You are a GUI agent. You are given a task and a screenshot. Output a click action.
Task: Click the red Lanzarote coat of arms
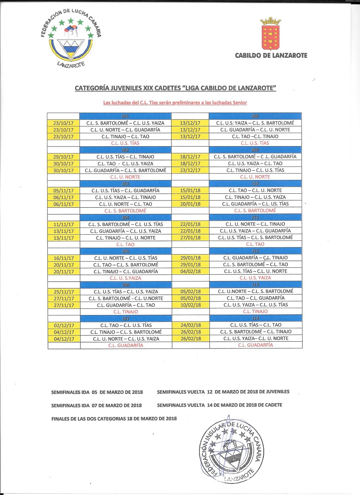click(270, 34)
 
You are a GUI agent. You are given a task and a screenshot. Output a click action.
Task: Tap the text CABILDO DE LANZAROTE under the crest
click(271, 55)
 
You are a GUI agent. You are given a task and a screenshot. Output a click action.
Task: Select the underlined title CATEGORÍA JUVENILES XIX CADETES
click(175, 88)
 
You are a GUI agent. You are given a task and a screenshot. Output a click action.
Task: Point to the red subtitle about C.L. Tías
click(175, 103)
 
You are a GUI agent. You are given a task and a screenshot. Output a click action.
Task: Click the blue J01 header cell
click(125, 116)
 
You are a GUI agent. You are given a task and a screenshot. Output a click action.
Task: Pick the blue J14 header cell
click(256, 318)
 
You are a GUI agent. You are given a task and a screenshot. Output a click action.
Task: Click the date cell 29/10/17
click(63, 157)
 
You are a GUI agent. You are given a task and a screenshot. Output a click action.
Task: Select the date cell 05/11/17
click(63, 191)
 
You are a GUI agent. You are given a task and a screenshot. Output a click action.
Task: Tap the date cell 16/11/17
click(63, 258)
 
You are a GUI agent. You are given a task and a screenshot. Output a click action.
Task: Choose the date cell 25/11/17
click(63, 292)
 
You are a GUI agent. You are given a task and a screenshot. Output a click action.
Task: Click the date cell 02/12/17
click(64, 325)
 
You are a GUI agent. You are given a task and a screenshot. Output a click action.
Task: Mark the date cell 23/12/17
click(190, 170)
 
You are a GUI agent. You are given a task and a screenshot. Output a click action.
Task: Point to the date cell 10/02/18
click(190, 305)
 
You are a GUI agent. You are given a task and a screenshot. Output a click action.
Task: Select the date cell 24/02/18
click(190, 325)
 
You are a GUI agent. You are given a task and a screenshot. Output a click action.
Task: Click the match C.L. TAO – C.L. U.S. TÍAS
click(126, 325)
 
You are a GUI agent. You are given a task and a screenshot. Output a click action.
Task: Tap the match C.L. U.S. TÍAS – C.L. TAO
click(256, 325)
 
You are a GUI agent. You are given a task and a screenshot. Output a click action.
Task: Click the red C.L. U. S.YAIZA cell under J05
click(125, 278)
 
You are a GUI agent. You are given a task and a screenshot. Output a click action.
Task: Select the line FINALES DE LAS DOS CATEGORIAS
click(114, 419)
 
